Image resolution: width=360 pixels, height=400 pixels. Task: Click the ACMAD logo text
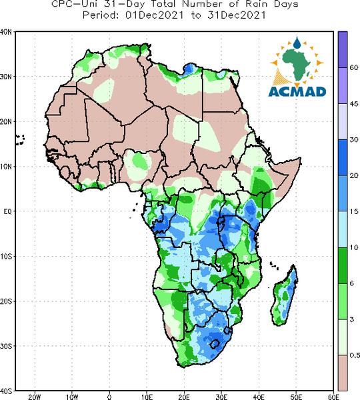pyautogui.click(x=297, y=91)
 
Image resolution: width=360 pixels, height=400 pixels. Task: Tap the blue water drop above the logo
pyautogui.click(x=297, y=43)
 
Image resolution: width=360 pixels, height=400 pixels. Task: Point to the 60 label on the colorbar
pyautogui.click(x=354, y=67)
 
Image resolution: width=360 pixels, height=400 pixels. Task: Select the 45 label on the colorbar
pyautogui.click(x=354, y=103)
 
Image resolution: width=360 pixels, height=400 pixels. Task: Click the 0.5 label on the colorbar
pyautogui.click(x=355, y=355)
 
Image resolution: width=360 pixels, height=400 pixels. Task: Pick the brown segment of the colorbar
pyautogui.click(x=343, y=373)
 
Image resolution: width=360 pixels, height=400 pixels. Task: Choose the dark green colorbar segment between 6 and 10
pyautogui.click(x=343, y=265)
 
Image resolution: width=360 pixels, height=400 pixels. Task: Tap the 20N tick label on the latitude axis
pyautogui.click(x=6, y=122)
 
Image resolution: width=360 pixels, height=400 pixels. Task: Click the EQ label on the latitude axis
pyautogui.click(x=7, y=211)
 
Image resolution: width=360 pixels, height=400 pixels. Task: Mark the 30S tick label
pyautogui.click(x=6, y=346)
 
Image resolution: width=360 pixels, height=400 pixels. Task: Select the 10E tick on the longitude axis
pyautogui.click(x=147, y=397)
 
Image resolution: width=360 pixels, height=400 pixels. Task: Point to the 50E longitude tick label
pyautogui.click(x=296, y=397)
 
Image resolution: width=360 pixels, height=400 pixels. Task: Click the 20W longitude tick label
pyautogui.click(x=35, y=397)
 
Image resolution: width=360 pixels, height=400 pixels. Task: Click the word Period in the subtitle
pyautogui.click(x=101, y=15)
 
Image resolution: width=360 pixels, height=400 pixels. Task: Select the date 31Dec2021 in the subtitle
pyautogui.click(x=237, y=15)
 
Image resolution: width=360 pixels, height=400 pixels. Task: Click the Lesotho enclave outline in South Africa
pyautogui.click(x=215, y=344)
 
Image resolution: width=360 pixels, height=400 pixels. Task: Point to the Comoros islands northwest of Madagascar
pyautogui.click(x=274, y=265)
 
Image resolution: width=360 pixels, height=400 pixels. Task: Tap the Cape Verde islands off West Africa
pyautogui.click(x=20, y=140)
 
